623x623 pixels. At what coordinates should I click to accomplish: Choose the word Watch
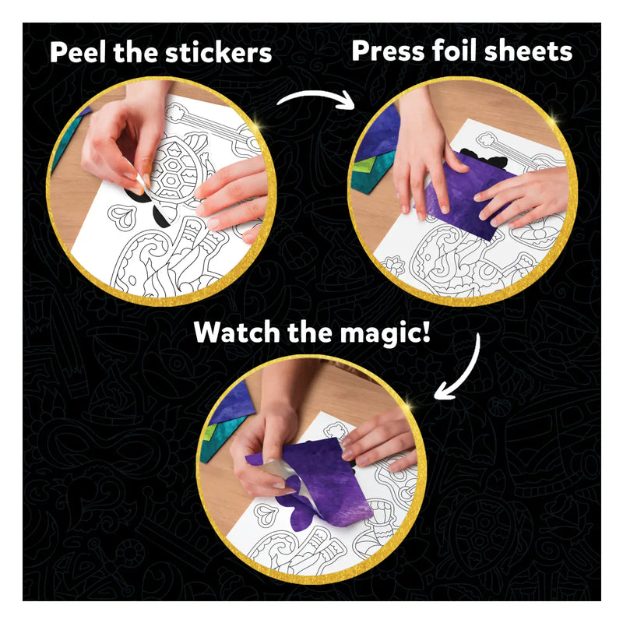236,333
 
